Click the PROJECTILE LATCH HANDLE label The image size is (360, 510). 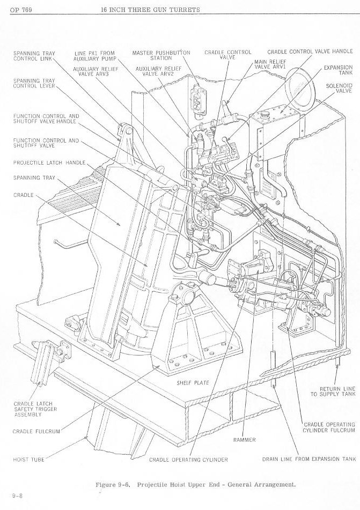click(49, 163)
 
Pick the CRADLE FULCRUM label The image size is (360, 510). click(36, 431)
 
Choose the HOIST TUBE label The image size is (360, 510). click(28, 460)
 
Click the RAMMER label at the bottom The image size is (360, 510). click(244, 440)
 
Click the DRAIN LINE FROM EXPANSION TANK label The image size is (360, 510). click(308, 460)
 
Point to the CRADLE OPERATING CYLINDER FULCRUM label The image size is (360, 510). click(329, 427)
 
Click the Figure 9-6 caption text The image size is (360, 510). click(195, 484)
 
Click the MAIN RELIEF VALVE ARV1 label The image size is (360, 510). click(269, 64)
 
